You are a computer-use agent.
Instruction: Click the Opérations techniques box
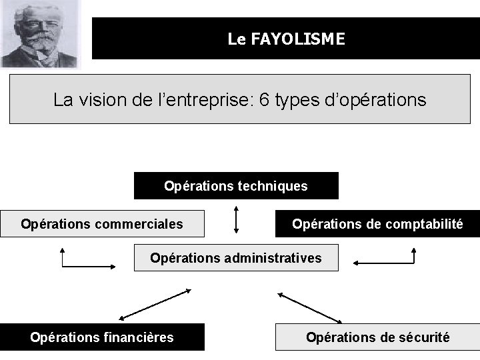[236, 186]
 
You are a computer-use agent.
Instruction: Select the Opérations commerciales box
[102, 224]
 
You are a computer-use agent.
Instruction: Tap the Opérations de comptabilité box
[377, 224]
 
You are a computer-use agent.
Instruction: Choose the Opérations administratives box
[236, 257]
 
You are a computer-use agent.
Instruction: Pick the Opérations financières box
[102, 337]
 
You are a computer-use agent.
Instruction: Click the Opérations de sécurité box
[377, 337]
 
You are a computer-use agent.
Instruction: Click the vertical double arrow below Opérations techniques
[236, 219]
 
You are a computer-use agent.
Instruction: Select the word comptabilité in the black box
[424, 224]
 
